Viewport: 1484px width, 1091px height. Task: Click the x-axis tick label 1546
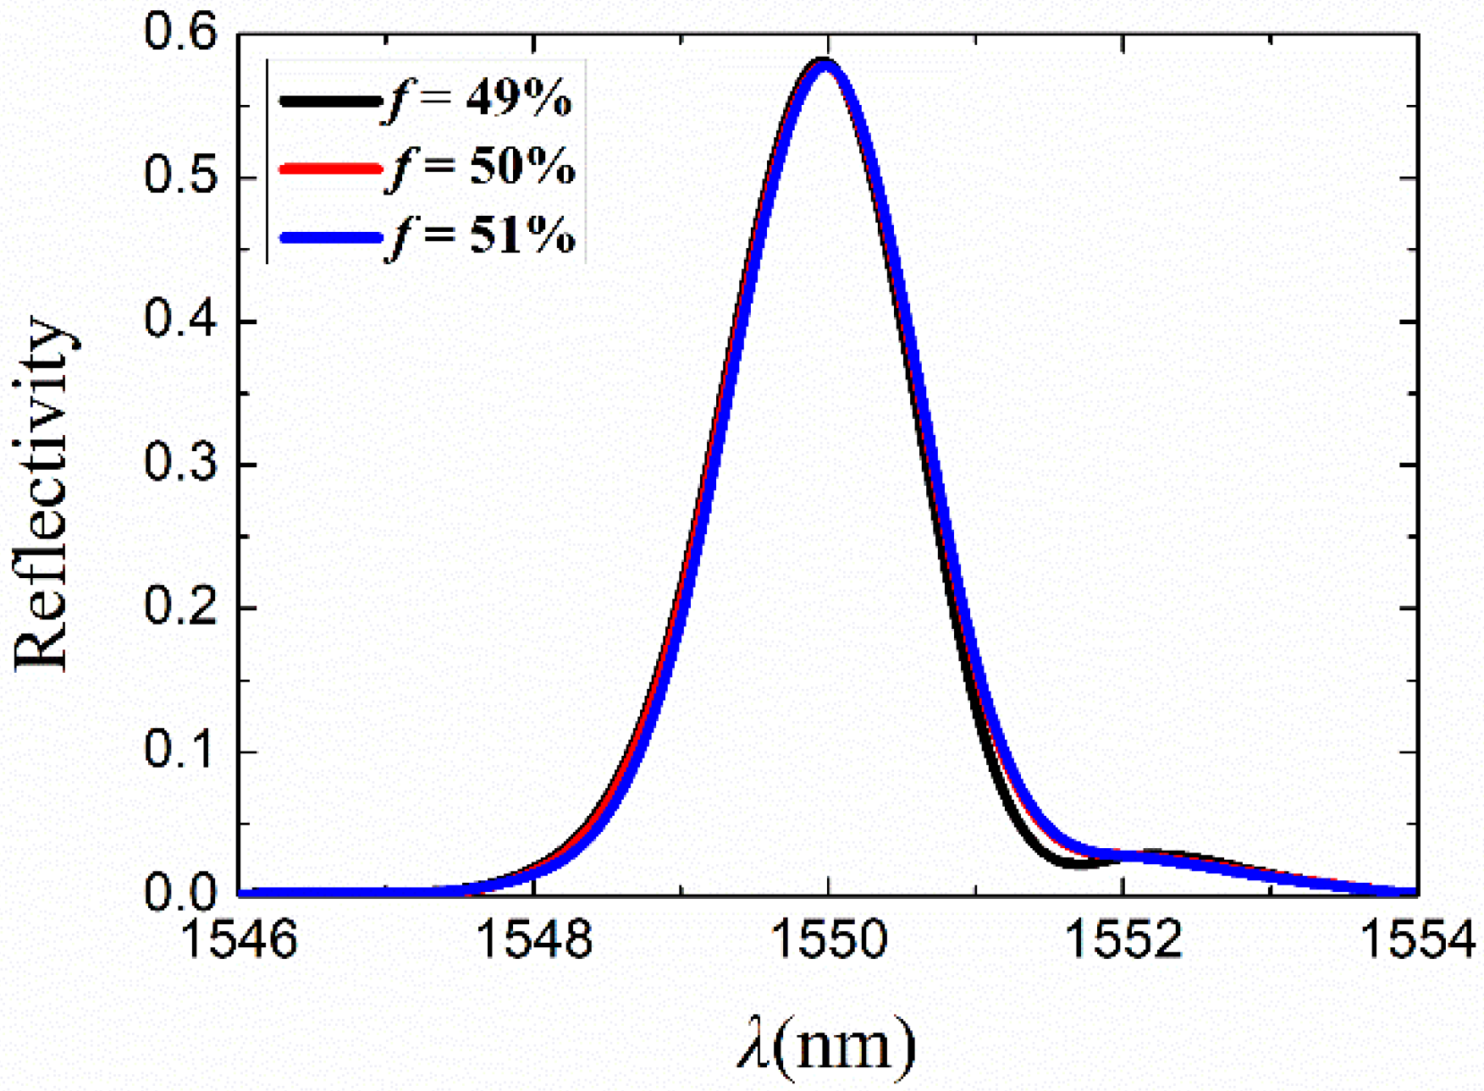240,940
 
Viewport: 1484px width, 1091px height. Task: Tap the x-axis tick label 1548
534,940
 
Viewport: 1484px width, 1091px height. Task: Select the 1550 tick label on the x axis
829,940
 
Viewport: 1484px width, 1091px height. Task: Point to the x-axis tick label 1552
1123,940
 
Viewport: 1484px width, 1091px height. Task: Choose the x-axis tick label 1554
1417,940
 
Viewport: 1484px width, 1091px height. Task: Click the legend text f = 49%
479,100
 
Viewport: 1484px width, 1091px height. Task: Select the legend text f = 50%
481,168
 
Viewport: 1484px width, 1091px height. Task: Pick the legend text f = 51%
481,236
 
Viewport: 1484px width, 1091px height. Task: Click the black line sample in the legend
330,102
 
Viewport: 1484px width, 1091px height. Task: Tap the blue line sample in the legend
330,238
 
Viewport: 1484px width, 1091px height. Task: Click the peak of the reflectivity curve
825,63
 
